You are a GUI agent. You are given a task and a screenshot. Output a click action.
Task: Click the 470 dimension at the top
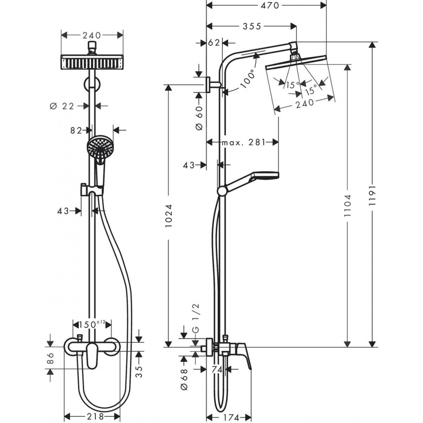tap(270, 5)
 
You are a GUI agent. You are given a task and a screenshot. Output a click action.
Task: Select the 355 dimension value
tap(252, 26)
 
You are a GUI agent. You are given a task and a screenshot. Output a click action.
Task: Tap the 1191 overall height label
tap(372, 195)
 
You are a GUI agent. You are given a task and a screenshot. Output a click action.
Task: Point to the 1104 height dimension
tap(348, 205)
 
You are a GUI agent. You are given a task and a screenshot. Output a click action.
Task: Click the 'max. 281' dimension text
tap(243, 142)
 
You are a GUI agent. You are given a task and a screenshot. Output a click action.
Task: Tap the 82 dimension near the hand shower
tap(76, 130)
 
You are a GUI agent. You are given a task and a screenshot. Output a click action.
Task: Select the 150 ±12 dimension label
tap(92, 324)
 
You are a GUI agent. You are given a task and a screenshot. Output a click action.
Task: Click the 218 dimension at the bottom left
tap(95, 417)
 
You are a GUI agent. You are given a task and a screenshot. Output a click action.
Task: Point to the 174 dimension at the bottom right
tap(231, 417)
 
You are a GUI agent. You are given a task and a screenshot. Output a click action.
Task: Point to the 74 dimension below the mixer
tap(217, 370)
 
